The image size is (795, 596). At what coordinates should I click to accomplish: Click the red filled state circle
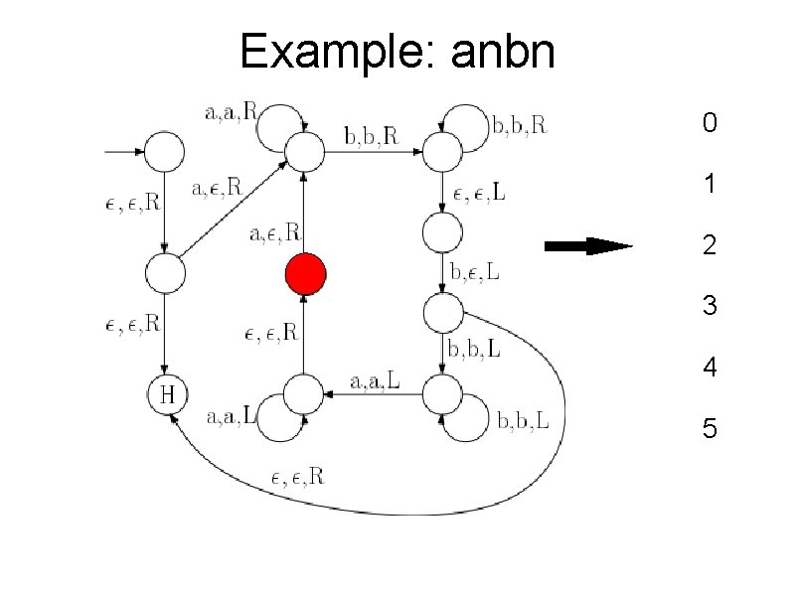[306, 274]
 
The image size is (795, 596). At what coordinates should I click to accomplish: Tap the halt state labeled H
[167, 394]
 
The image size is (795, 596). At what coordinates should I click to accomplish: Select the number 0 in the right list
[709, 124]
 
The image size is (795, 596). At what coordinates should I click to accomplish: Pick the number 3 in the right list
[709, 306]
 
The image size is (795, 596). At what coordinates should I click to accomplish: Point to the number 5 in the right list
[709, 429]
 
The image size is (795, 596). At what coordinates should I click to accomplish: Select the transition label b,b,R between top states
[370, 136]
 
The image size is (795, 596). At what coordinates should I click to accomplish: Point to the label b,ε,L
[476, 270]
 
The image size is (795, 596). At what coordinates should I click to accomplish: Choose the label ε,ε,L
[479, 194]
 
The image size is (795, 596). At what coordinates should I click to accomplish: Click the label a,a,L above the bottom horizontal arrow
[377, 380]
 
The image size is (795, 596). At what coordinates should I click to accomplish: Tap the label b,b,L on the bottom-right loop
[524, 423]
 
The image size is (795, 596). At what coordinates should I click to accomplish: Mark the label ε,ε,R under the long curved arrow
[296, 477]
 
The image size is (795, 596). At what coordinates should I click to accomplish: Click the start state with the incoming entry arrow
[166, 152]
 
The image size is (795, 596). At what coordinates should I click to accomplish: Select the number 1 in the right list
[709, 185]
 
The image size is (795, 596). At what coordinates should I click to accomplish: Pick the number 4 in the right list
[709, 368]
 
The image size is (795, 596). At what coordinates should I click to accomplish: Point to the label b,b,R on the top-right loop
[520, 126]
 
